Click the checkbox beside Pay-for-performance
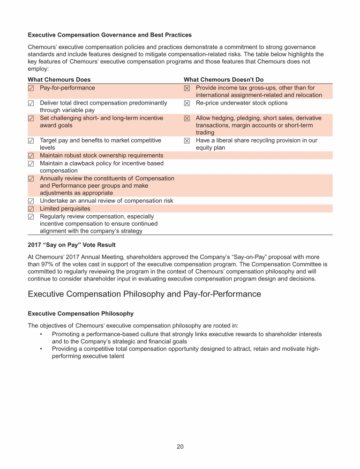pyautogui.click(x=31, y=88)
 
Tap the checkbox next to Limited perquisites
pyautogui.click(x=31, y=209)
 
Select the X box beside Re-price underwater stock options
pyautogui.click(x=187, y=103)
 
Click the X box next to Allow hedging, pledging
pyautogui.click(x=187, y=119)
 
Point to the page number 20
pyautogui.click(x=180, y=446)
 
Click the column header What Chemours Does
pyautogui.click(x=59, y=80)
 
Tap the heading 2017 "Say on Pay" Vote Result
pyautogui.click(x=72, y=245)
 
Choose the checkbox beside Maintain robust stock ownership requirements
pyautogui.click(x=31, y=156)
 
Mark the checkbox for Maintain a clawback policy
pyautogui.click(x=31, y=164)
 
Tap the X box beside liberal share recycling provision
pyautogui.click(x=187, y=141)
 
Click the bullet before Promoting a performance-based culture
pyautogui.click(x=41, y=334)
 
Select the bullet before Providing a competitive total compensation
pyautogui.click(x=41, y=349)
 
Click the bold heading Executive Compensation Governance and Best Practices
pyautogui.click(x=110, y=35)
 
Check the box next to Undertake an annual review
pyautogui.click(x=31, y=201)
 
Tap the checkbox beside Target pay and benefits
pyautogui.click(x=31, y=141)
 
